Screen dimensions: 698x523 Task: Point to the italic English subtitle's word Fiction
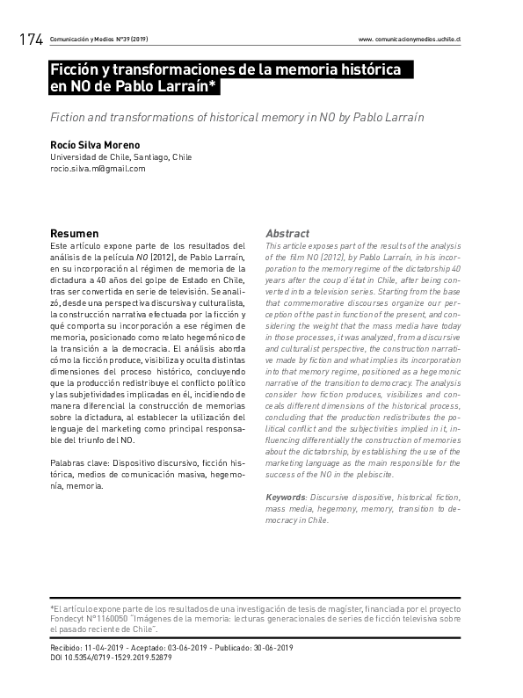pyautogui.click(x=72, y=117)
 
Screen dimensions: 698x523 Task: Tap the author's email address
pyautogui.click(x=98, y=169)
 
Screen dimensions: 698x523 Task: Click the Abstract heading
pyautogui.click(x=287, y=234)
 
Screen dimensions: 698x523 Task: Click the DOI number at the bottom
pyautogui.click(x=122, y=658)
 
